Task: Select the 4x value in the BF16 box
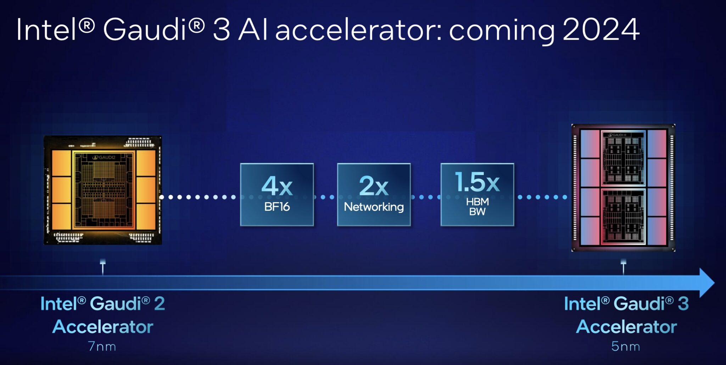click(277, 186)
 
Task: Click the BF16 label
click(277, 206)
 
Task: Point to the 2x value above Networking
click(374, 186)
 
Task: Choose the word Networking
click(374, 207)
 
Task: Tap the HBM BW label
click(477, 206)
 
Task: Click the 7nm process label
click(102, 346)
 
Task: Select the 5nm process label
click(626, 346)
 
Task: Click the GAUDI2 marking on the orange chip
click(104, 157)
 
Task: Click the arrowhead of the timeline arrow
click(707, 283)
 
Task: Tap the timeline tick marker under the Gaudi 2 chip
click(103, 267)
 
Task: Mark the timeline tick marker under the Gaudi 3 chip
click(624, 267)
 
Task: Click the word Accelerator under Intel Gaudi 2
click(103, 327)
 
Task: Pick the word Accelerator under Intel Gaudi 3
click(626, 327)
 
